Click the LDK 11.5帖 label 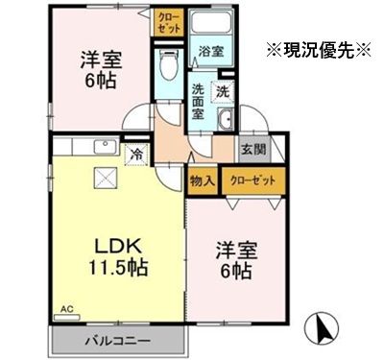(x=118, y=256)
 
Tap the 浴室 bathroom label (x=211, y=51)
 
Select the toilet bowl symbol (x=169, y=64)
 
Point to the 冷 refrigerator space (x=137, y=155)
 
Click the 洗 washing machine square (x=223, y=92)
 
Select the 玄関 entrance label (x=253, y=149)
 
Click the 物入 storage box (x=202, y=181)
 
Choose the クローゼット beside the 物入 (x=253, y=180)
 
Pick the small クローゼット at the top (x=169, y=22)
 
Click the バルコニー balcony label (x=117, y=341)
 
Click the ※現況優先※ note (x=319, y=50)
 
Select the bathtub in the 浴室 (x=210, y=21)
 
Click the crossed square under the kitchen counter (x=106, y=178)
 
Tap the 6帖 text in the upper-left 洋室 (x=100, y=82)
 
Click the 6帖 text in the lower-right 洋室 (x=235, y=272)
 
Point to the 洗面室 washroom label (x=198, y=102)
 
